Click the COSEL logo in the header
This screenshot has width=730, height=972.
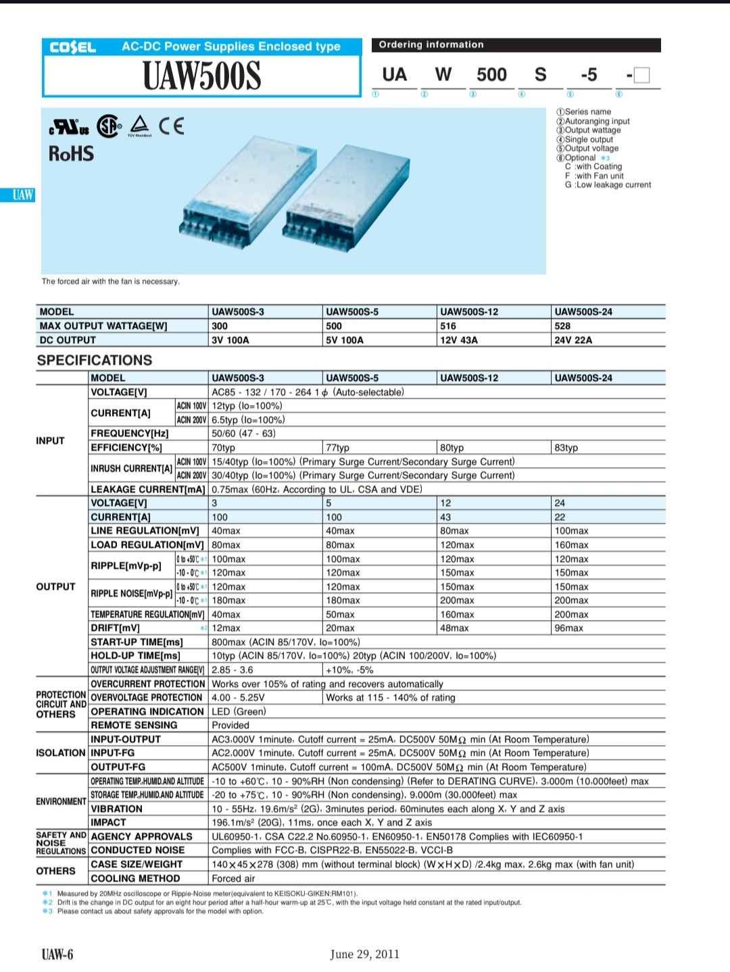point(73,47)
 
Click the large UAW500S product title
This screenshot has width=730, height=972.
point(201,76)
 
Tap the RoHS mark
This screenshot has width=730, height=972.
point(71,154)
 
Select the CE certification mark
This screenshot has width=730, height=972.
point(171,126)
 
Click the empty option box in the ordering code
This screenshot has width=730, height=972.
point(642,75)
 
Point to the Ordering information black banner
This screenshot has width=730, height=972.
point(516,45)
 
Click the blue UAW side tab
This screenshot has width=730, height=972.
point(22,195)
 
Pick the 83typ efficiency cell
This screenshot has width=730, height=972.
point(566,448)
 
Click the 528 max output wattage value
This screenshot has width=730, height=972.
point(562,326)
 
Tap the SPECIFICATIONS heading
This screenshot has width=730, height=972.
point(95,360)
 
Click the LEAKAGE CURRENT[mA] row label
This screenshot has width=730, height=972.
point(147,489)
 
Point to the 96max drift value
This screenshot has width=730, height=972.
point(568,628)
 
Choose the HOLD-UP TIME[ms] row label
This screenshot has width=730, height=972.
point(135,656)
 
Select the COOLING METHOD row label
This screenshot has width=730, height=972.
point(135,878)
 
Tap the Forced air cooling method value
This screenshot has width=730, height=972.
point(233,878)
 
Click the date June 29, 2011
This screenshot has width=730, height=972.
point(364,954)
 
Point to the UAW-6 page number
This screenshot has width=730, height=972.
point(57,954)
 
